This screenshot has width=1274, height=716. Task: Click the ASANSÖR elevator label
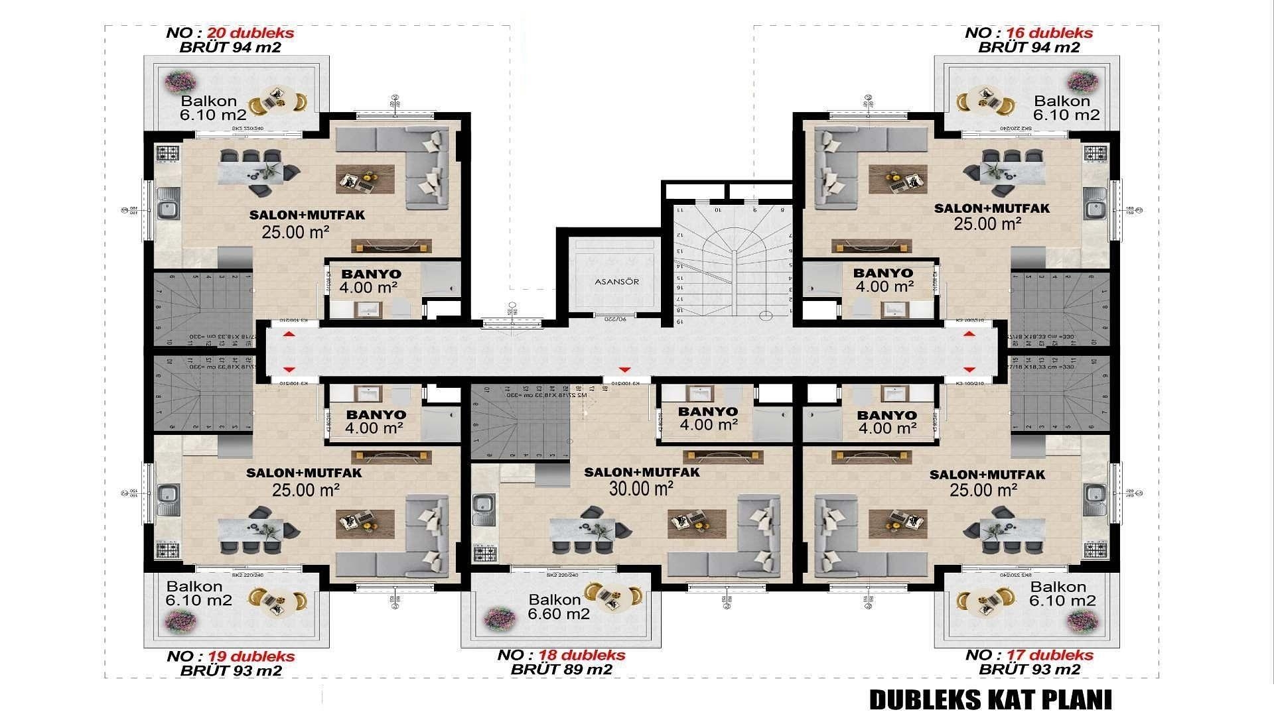pos(616,282)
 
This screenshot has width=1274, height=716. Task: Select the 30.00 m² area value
pos(641,489)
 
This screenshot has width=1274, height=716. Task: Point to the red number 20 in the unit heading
pos(217,33)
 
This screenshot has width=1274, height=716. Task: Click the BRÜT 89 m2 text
pos(561,670)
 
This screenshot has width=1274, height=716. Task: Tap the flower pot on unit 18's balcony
pos(500,619)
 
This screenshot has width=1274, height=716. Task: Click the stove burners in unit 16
pos(1096,154)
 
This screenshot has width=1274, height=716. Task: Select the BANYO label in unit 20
pos(371,274)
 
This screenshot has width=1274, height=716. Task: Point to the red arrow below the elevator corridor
pos(623,369)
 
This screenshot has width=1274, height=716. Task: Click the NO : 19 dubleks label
pos(230,656)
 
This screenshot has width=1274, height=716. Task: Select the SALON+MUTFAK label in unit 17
pos(987,475)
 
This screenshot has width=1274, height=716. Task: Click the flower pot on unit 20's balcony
pos(180,82)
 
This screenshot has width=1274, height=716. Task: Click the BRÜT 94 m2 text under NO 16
pos(1028,47)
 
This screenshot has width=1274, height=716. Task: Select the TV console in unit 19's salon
pos(391,456)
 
